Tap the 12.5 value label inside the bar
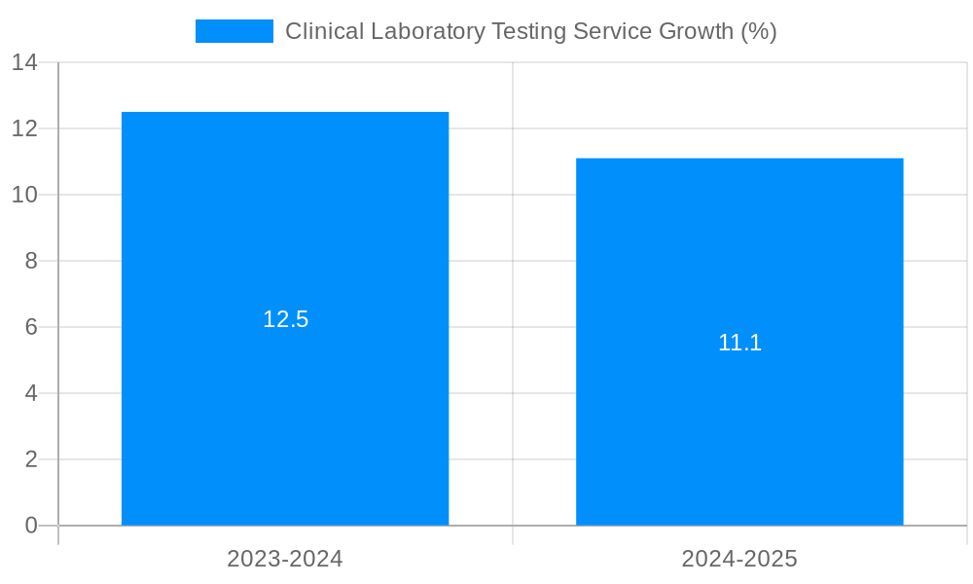[x=285, y=319]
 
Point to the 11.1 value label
[x=739, y=343]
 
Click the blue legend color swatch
[x=234, y=31]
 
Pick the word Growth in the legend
[x=696, y=31]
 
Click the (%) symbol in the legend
[x=758, y=31]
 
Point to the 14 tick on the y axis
[x=24, y=62]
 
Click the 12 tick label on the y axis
[x=24, y=128]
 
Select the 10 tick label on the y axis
[x=24, y=195]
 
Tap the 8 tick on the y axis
[x=31, y=261]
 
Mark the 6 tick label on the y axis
[x=31, y=327]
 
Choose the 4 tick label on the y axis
[x=31, y=393]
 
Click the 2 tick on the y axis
[x=31, y=459]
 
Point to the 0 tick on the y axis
[x=31, y=526]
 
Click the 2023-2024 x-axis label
[x=285, y=559]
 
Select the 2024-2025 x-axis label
[x=739, y=559]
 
